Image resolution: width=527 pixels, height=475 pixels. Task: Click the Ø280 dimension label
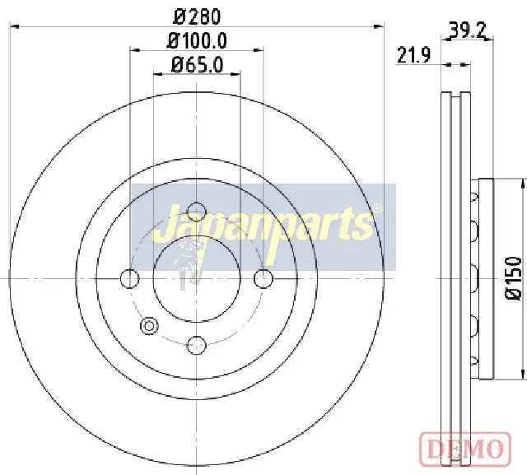(x=198, y=16)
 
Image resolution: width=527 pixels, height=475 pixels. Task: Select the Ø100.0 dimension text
(x=198, y=40)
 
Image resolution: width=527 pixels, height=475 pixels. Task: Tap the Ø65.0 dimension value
(x=198, y=64)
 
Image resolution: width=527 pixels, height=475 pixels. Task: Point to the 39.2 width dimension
(x=468, y=31)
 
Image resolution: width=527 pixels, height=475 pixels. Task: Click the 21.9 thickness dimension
(x=413, y=55)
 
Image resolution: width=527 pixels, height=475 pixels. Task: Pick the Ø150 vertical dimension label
(x=514, y=278)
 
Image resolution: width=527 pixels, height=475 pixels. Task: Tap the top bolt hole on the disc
(x=196, y=212)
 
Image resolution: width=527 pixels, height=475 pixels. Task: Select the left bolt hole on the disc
(x=130, y=278)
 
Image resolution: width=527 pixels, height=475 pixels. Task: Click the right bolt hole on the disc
(x=263, y=278)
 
